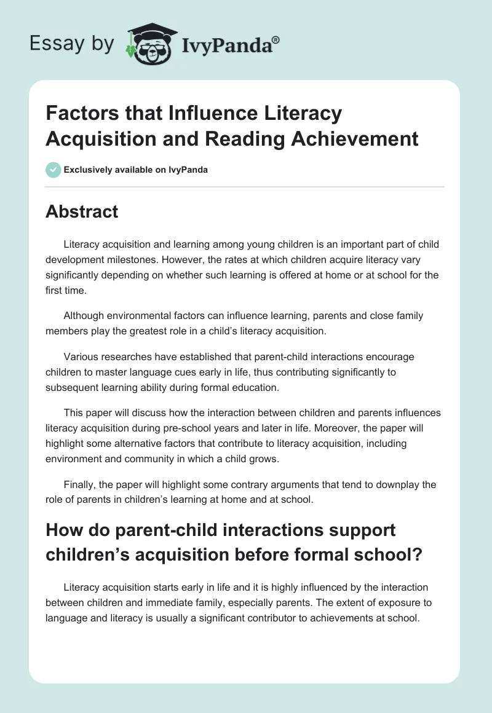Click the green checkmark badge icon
53,170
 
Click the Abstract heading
82,211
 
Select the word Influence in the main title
199,114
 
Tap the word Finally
79,484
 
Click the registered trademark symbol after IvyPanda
276,39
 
